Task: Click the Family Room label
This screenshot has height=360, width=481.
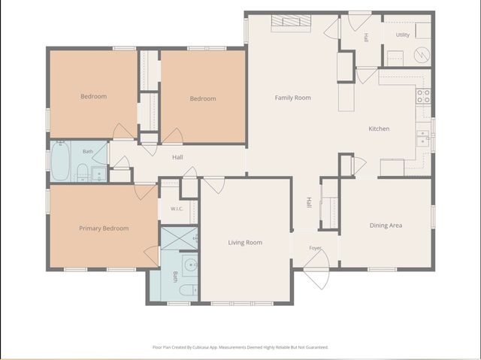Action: point(292,98)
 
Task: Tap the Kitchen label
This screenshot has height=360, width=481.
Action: point(379,129)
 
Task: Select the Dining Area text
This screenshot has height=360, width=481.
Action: point(386,225)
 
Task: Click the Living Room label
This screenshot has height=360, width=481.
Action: point(245,243)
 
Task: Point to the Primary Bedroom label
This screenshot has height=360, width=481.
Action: point(104,228)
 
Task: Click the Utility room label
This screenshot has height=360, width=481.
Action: point(403,35)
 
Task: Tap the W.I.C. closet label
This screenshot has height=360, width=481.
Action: point(177,209)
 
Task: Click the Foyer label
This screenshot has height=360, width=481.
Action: point(315,248)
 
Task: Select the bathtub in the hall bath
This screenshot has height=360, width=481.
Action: point(60,161)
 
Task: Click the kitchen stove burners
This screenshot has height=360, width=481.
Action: point(423,95)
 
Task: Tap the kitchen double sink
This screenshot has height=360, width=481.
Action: point(423,138)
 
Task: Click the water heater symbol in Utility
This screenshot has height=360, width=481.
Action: point(422,55)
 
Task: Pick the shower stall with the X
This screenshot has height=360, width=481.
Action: point(179,238)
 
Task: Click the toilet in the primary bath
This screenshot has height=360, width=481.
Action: point(189,290)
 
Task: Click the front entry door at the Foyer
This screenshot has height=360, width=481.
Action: point(317,269)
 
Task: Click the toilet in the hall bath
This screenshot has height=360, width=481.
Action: point(82,171)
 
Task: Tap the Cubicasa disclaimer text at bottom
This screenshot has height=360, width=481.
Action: point(240,347)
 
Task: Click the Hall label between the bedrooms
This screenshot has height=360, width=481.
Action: point(177,157)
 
